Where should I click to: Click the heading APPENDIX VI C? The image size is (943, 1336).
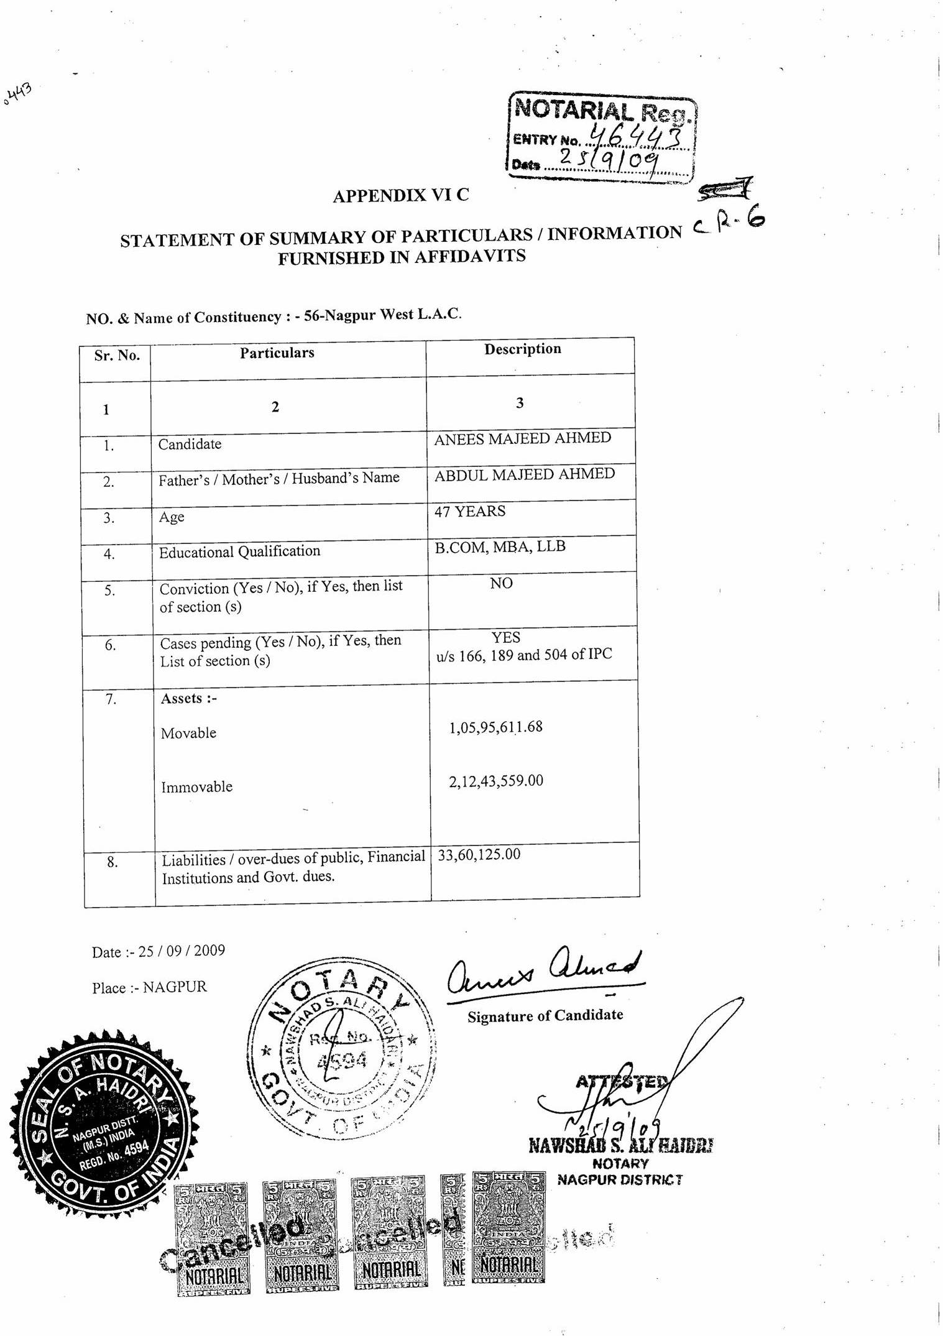[x=401, y=195]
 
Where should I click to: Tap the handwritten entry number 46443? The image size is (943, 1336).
[x=637, y=134]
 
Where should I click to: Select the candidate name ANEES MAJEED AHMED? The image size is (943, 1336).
[x=522, y=438]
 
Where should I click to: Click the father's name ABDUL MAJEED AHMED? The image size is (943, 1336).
[x=524, y=474]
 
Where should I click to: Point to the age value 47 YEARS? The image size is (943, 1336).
[x=469, y=511]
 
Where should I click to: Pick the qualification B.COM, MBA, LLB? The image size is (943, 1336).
[x=500, y=546]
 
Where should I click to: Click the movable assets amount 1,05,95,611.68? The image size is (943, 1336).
[x=495, y=727]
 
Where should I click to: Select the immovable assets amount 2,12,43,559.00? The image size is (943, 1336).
[x=496, y=780]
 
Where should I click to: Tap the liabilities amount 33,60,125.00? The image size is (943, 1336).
[x=479, y=854]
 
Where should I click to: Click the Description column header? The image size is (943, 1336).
[x=522, y=349]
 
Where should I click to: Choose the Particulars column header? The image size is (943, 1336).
[x=277, y=352]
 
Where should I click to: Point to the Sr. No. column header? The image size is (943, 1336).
[x=117, y=355]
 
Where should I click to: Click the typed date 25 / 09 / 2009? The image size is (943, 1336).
[x=182, y=951]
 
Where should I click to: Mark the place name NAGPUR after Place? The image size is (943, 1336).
[x=175, y=987]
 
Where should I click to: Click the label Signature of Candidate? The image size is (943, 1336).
[x=545, y=1015]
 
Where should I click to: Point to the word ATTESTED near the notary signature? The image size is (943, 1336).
[x=622, y=1081]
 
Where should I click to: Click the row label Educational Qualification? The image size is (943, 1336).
[x=239, y=551]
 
